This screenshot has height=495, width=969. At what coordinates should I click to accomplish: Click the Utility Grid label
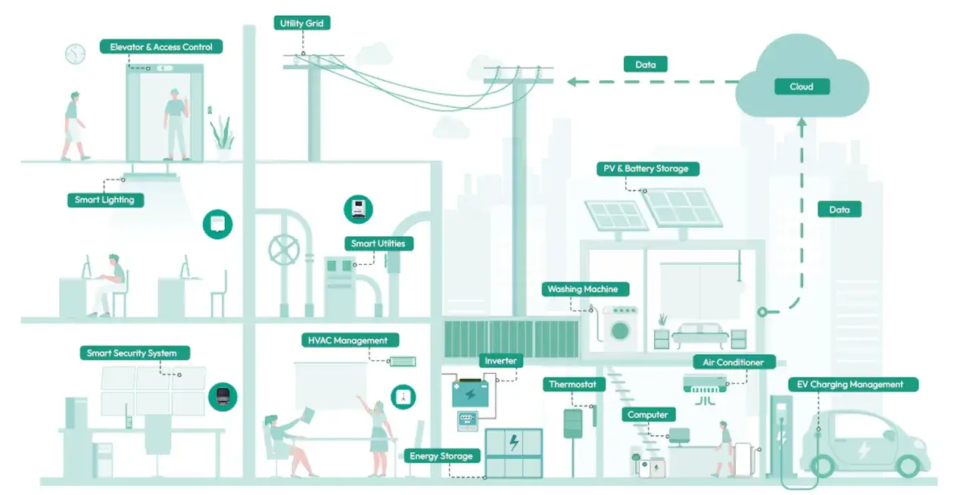click(302, 23)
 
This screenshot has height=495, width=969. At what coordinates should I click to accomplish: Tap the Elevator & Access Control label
click(161, 47)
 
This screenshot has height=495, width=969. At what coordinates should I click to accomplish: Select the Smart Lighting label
click(104, 200)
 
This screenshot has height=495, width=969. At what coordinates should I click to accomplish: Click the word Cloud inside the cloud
click(802, 86)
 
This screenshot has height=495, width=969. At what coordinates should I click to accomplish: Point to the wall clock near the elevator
click(75, 54)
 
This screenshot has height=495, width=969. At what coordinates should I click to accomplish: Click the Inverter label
click(501, 361)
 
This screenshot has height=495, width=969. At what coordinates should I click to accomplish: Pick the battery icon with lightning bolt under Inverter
click(469, 394)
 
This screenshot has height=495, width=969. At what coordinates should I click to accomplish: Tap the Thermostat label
click(573, 384)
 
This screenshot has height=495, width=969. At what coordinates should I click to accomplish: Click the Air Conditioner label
click(734, 363)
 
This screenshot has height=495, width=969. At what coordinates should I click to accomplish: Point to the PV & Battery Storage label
click(646, 169)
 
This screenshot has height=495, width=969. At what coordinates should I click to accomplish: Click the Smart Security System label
click(132, 353)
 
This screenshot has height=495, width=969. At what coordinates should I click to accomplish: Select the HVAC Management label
click(348, 341)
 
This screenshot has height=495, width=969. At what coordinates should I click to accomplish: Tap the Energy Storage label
click(441, 456)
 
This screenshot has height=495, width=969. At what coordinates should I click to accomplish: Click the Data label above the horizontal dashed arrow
click(646, 64)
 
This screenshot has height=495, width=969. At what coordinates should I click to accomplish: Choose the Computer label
click(648, 415)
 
